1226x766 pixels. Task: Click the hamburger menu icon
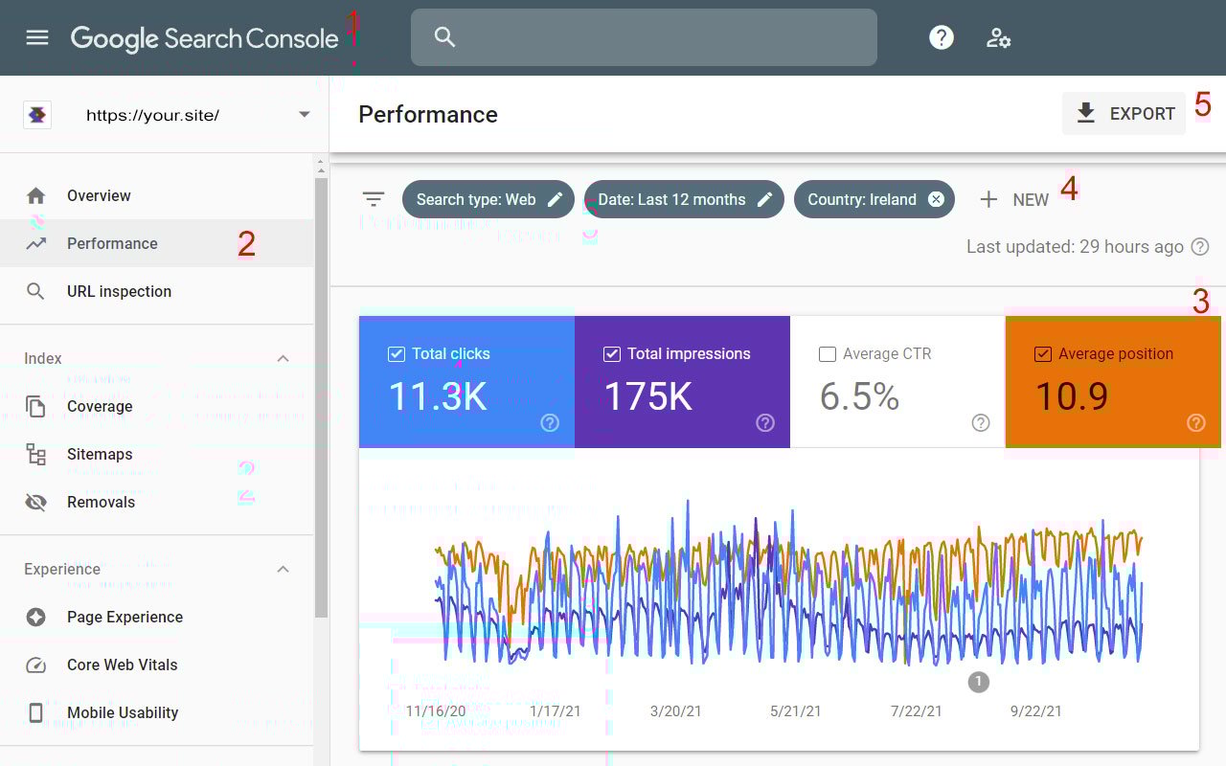[x=37, y=37]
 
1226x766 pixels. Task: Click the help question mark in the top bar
[x=942, y=37]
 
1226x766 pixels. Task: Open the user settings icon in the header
[x=999, y=37]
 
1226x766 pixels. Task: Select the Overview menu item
[x=99, y=195]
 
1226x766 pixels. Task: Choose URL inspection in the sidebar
[x=119, y=291]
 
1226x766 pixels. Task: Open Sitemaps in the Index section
[x=100, y=454]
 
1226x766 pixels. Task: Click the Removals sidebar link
[x=101, y=502]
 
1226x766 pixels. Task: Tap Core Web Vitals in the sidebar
[x=122, y=665]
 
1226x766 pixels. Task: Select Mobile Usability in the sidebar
[x=123, y=712]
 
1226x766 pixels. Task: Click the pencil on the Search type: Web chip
[x=555, y=199]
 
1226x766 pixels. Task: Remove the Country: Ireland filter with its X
[x=936, y=199]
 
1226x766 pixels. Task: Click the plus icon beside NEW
[x=988, y=199]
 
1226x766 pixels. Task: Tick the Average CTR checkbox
[x=828, y=354]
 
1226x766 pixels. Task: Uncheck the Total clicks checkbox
[x=397, y=354]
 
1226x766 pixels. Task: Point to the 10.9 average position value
[x=1072, y=395]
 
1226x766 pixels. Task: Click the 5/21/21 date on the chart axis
[x=796, y=711]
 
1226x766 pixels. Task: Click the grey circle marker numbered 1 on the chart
[x=978, y=682]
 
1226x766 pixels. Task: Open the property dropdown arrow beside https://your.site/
[x=305, y=115]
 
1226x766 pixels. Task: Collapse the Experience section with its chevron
[x=283, y=569]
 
